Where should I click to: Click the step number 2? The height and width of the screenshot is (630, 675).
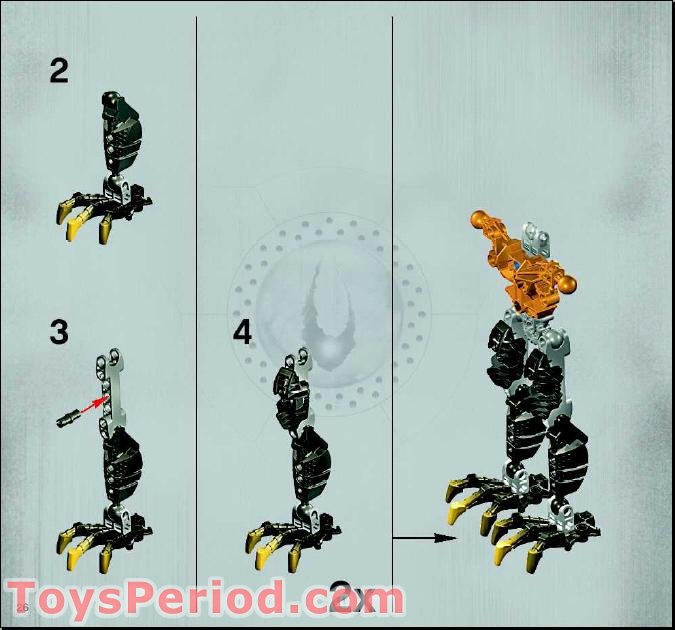click(59, 71)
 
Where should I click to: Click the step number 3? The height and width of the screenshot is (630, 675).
click(59, 332)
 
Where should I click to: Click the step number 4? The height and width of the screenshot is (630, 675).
click(242, 332)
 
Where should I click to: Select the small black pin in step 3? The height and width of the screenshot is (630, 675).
click(72, 414)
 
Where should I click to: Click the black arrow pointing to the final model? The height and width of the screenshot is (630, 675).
click(421, 538)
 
